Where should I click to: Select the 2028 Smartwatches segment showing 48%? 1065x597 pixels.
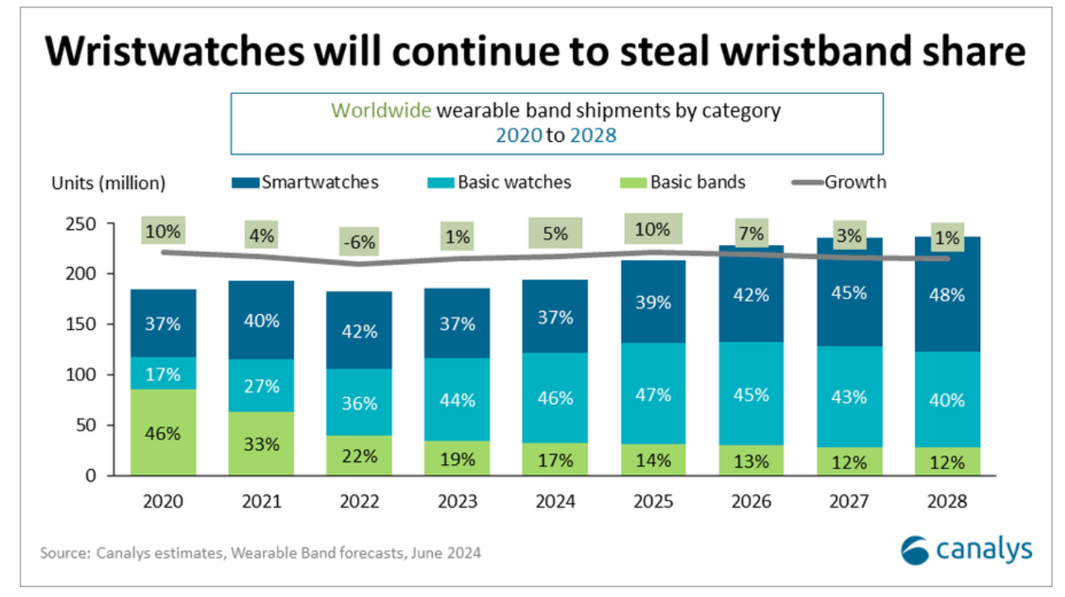tap(947, 294)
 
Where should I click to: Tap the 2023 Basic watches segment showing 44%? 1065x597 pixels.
tap(457, 399)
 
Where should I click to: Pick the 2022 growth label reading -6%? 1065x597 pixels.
tap(359, 242)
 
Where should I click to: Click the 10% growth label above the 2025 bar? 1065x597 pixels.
tap(653, 228)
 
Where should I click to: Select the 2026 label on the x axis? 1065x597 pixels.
tap(751, 500)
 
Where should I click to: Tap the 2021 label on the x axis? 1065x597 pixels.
tap(260, 500)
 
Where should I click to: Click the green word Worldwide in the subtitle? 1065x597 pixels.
tap(381, 110)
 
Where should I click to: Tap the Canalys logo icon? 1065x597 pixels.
tap(916, 550)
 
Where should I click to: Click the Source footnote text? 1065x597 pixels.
tap(260, 552)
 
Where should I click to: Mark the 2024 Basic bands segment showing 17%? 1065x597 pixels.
tap(555, 459)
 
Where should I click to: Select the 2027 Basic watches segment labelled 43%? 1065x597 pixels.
tap(849, 397)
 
